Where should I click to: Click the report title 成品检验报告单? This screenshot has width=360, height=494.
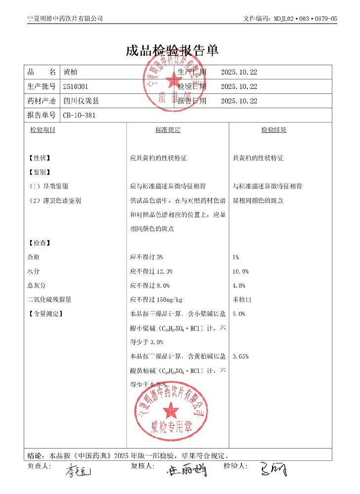(x=172, y=50)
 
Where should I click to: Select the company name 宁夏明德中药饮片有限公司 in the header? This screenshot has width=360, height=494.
(x=65, y=19)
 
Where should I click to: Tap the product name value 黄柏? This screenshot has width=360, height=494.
(x=70, y=72)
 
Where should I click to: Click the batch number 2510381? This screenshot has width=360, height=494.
(x=76, y=86)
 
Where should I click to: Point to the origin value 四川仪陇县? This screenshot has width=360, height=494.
(x=81, y=101)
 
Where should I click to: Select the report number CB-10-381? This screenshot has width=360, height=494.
(x=79, y=115)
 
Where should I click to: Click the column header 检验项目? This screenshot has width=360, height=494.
(x=42, y=130)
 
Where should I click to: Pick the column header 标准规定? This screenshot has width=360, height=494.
(x=168, y=130)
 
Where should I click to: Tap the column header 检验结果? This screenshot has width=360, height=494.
(x=274, y=130)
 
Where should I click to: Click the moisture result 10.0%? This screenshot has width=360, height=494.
(x=240, y=272)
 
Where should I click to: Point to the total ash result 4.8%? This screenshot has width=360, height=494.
(x=239, y=286)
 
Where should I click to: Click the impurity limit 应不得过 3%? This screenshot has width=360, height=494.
(x=146, y=257)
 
